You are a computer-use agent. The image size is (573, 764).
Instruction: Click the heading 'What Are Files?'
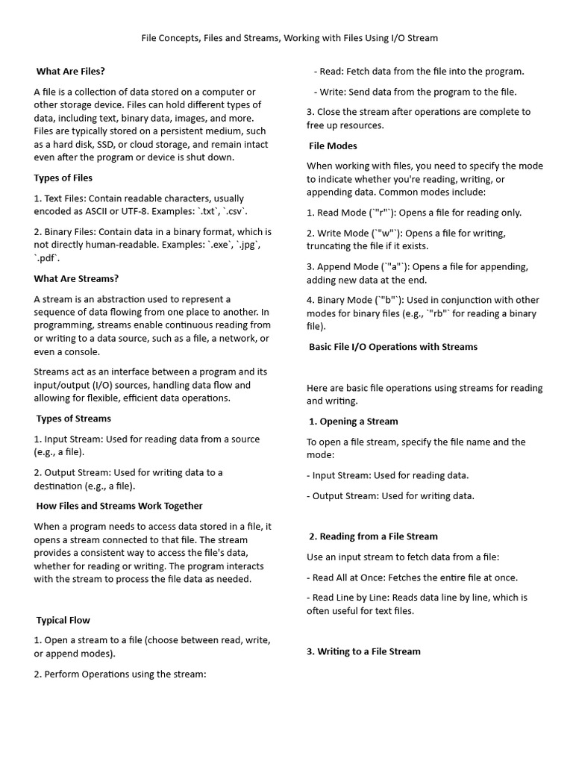pyautogui.click(x=71, y=72)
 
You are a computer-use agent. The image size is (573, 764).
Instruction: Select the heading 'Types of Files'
pyautogui.click(x=63, y=178)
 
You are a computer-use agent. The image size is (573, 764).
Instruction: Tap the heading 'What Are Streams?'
pyautogui.click(x=76, y=278)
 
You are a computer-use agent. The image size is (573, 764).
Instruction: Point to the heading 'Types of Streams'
pyautogui.click(x=74, y=419)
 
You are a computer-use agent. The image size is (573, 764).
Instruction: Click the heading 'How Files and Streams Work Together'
pyautogui.click(x=119, y=506)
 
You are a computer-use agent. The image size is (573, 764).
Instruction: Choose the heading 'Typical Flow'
pyautogui.click(x=63, y=620)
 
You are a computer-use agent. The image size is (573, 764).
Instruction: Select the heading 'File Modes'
pyautogui.click(x=333, y=145)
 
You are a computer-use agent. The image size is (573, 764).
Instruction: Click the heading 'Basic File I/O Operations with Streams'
pyautogui.click(x=393, y=347)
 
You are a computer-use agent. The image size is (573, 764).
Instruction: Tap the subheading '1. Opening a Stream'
pyautogui.click(x=354, y=422)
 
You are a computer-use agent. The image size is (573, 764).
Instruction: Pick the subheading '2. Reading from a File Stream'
pyautogui.click(x=373, y=536)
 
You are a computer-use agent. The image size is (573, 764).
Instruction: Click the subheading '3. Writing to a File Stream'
pyautogui.click(x=364, y=651)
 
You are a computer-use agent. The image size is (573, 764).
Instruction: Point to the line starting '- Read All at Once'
pyautogui.click(x=412, y=577)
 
